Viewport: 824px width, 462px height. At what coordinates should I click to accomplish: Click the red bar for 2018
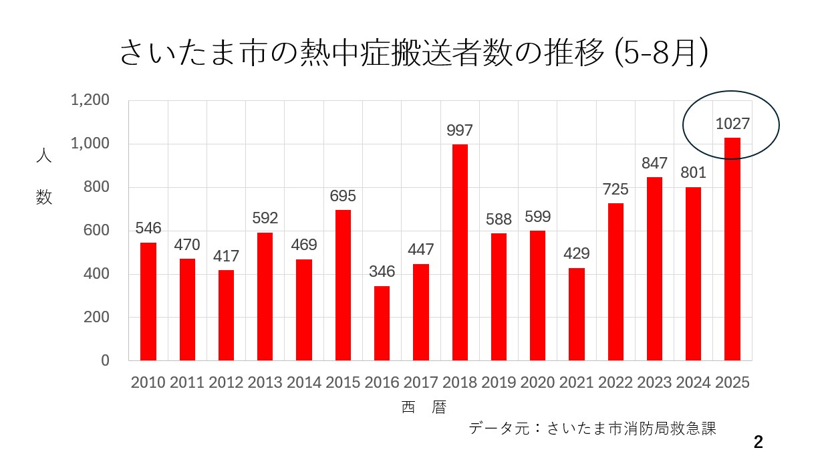460,253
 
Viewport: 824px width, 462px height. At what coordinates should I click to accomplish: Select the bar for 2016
382,324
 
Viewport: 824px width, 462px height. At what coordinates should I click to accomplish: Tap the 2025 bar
732,249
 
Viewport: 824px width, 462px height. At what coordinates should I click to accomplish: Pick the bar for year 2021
576,314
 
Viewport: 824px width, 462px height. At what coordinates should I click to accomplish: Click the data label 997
460,130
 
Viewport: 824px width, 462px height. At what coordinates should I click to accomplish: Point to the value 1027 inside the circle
732,124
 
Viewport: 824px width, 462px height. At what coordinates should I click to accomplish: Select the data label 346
382,272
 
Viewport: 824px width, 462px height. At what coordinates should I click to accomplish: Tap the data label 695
343,197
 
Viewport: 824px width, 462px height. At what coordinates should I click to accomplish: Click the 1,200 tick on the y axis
90,100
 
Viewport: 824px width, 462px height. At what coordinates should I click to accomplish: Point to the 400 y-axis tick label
96,274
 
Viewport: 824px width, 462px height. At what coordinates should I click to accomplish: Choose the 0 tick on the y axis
105,361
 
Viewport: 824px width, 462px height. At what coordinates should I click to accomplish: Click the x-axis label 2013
265,383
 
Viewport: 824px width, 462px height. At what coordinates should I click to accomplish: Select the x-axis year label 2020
537,383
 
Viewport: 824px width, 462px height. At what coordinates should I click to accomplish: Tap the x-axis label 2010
148,383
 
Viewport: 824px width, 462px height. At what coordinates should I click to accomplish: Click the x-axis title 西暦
424,407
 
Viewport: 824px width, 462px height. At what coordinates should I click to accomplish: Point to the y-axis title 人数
43,177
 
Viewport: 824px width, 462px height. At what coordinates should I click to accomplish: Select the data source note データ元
592,429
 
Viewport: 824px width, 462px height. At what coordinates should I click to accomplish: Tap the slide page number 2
758,442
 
